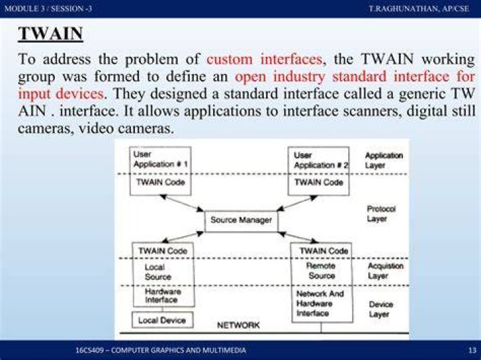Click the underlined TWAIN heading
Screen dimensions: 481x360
[50, 33]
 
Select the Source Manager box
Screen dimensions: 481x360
[241, 221]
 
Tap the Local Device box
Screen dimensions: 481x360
[162, 320]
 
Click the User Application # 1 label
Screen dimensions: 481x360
[160, 159]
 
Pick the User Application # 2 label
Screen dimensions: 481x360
[321, 160]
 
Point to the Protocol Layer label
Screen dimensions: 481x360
[381, 214]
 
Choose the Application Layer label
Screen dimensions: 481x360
[383, 160]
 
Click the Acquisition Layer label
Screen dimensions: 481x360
[385, 271]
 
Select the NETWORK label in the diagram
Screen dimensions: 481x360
[238, 325]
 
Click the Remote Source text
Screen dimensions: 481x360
[321, 271]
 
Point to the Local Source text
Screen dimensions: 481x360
[158, 272]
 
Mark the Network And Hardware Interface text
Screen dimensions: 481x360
[320, 303]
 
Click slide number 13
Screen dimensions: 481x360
[472, 350]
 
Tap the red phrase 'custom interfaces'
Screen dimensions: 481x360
[265, 59]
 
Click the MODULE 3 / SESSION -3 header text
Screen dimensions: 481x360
[48, 8]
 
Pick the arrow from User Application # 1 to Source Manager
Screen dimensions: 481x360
[182, 203]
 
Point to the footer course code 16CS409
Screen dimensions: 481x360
[90, 350]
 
